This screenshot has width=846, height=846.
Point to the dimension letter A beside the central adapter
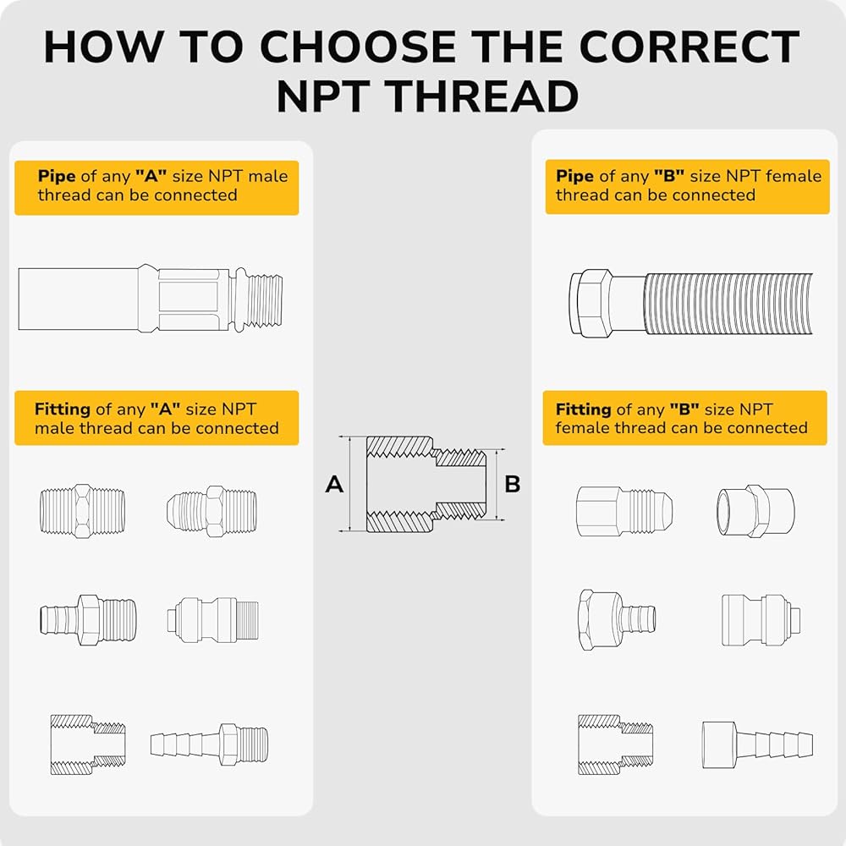pos(334,484)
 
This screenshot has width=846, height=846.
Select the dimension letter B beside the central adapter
pos(512,484)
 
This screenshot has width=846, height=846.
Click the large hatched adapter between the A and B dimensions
pos(426,484)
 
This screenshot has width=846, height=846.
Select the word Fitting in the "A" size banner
pos(63,409)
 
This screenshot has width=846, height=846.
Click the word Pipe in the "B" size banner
pos(574,176)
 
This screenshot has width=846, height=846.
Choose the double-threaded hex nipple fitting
pos(83,511)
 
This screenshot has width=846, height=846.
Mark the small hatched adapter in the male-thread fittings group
pos(88,744)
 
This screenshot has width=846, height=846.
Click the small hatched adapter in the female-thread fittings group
pos(616,744)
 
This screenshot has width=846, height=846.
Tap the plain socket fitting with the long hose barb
pos(757,744)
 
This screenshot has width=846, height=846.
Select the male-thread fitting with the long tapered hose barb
pos(209,744)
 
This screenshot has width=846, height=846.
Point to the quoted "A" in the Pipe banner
pos(151,176)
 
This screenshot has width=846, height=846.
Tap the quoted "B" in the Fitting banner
pos(684,409)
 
